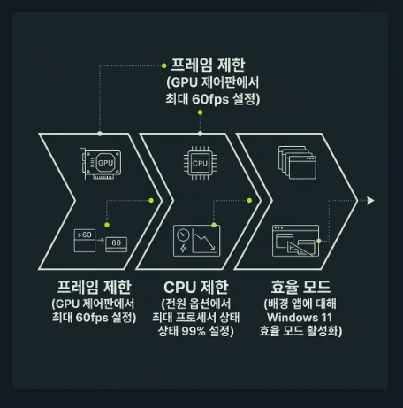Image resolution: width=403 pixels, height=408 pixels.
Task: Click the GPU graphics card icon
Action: pos(101,164)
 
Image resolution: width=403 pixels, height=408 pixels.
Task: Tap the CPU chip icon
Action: pos(200,163)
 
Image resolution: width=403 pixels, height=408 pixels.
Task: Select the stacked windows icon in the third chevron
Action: pos(297,163)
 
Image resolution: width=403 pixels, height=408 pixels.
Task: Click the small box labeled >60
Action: pos(85,241)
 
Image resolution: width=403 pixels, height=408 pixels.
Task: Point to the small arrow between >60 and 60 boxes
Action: pos(101,240)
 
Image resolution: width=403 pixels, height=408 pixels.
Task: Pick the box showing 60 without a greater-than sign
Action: pos(117,244)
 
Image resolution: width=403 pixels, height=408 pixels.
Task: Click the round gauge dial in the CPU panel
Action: pos(183,235)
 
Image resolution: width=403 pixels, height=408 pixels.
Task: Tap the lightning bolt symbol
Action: pos(183,249)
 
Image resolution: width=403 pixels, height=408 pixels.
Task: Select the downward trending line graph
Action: pos(205,242)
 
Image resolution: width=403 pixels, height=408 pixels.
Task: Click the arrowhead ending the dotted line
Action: pos(370,201)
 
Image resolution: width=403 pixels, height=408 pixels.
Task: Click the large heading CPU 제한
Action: pos(196,287)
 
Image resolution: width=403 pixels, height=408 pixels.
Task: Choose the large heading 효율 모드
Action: pos(300,287)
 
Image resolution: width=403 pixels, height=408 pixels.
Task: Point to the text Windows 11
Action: pos(300,318)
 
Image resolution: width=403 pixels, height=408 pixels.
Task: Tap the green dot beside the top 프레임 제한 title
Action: pos(164,65)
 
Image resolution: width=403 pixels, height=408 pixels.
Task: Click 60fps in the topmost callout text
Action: pos(210,99)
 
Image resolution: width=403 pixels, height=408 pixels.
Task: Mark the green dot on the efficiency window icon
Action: pos(319,241)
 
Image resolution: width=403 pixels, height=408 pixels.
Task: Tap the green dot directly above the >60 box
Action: pos(107,225)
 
